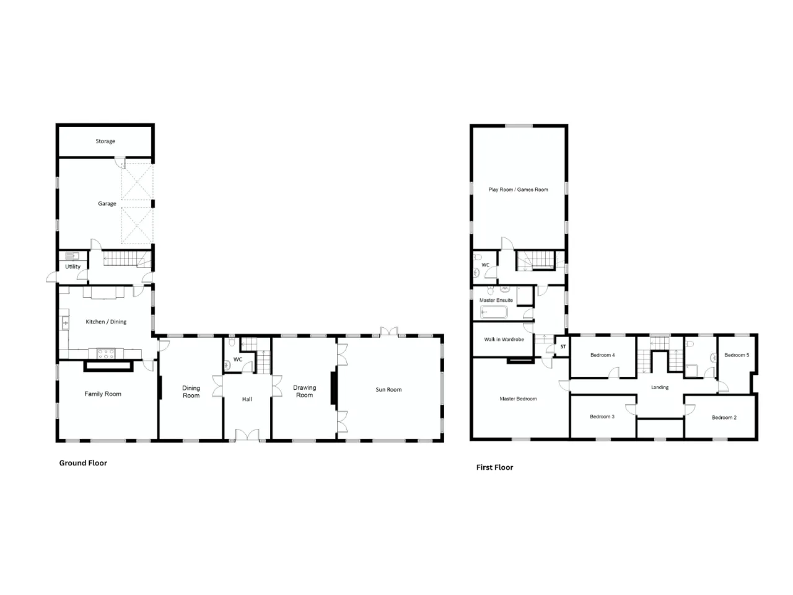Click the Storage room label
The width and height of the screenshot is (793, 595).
click(x=105, y=141)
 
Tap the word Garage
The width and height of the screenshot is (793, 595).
click(x=107, y=203)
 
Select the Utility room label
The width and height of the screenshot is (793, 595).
click(x=72, y=267)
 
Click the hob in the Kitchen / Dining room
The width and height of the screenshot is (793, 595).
click(x=107, y=353)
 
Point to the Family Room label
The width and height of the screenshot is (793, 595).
click(x=103, y=394)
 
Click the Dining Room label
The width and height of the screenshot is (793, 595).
click(x=191, y=392)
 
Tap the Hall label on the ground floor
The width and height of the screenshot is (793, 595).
click(x=247, y=399)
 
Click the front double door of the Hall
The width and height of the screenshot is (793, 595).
click(x=247, y=434)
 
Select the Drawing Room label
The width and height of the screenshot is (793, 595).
click(x=304, y=391)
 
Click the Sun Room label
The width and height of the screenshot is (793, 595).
click(x=388, y=389)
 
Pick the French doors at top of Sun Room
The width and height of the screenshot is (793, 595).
click(x=388, y=331)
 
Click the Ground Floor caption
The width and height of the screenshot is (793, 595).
click(x=83, y=463)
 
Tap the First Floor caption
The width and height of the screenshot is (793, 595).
click(x=494, y=467)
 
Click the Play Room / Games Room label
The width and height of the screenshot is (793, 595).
click(x=518, y=189)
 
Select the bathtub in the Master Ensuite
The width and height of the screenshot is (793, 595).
click(x=494, y=312)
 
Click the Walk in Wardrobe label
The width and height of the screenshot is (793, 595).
click(x=504, y=339)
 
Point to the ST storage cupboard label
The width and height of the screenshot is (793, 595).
click(x=563, y=346)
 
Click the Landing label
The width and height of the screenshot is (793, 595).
click(x=660, y=387)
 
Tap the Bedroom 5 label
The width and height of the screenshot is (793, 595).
click(x=737, y=355)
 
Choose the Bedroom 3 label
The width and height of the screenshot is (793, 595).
click(x=602, y=416)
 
